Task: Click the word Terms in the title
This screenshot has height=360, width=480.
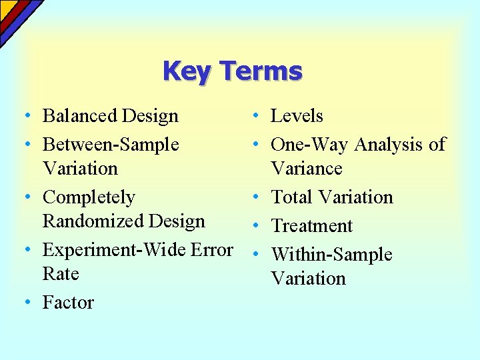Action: point(261,71)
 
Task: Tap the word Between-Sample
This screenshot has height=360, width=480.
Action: point(111,145)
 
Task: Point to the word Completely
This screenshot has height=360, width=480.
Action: point(89,198)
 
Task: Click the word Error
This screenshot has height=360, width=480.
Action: point(211,250)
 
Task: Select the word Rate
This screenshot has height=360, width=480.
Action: point(61,274)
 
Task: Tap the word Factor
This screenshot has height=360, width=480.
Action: point(68,303)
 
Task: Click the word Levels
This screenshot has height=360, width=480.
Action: point(297,116)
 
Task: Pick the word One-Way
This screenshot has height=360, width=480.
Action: point(310,145)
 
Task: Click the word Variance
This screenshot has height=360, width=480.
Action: point(306,169)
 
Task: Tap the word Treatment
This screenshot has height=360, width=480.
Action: point(311,226)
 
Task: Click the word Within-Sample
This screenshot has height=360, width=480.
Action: point(331,255)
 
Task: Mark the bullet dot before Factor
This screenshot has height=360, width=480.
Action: point(24,302)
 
